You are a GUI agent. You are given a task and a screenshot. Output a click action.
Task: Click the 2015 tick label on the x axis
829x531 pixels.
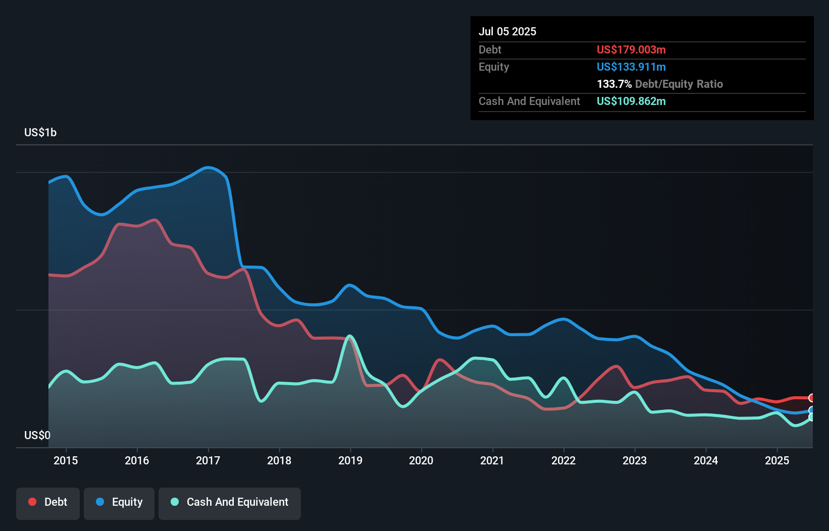coord(66,460)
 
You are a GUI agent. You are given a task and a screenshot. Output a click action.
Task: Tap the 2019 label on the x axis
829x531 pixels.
coord(350,460)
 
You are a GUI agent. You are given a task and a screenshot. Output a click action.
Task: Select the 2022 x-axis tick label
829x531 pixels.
coord(563,460)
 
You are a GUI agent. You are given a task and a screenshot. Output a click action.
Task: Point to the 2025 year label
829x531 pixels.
coord(776,460)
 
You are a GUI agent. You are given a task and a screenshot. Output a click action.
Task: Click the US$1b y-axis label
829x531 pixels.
coord(40,132)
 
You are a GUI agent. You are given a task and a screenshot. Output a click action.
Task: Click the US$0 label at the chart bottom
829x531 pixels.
coord(37,435)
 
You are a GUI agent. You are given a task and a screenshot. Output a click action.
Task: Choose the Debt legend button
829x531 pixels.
coord(48,502)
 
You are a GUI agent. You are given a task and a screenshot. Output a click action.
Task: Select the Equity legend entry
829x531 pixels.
coord(119,502)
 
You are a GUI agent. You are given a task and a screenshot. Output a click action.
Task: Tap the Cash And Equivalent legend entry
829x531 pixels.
coord(230,502)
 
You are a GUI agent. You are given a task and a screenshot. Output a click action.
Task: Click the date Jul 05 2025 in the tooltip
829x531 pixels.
coord(507,31)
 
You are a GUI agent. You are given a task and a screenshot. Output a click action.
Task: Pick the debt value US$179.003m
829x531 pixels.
coord(631,49)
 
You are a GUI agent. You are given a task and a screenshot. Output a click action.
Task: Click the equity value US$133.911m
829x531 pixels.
coord(631,67)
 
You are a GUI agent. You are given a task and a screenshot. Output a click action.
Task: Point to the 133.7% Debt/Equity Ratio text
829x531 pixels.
coord(659,84)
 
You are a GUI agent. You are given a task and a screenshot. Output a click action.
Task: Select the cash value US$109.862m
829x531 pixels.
coord(631,101)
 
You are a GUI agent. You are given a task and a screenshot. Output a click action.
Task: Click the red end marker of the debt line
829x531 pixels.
coord(812,398)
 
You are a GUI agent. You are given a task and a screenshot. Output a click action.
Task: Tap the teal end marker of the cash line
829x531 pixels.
coord(812,417)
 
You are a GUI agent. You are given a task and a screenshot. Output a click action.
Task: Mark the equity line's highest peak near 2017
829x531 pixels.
coord(208,167)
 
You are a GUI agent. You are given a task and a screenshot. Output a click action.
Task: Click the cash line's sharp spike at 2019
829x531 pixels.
coord(349,336)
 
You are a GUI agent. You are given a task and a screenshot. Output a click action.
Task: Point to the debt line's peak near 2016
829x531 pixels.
coord(154,220)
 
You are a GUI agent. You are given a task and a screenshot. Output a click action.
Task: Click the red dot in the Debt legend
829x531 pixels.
coord(32,502)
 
